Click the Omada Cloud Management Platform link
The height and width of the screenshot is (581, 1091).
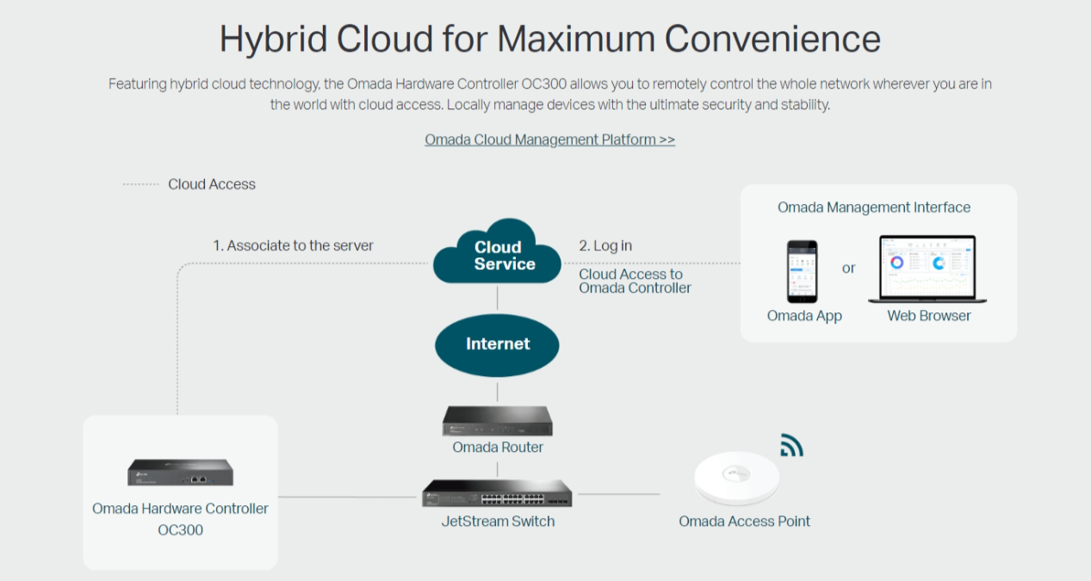pos(549,139)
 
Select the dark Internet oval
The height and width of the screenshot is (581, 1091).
pos(498,344)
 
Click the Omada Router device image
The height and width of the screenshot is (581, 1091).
pos(498,419)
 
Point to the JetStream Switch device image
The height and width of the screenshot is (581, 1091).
pos(497,494)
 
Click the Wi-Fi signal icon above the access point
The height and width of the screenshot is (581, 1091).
pos(791,445)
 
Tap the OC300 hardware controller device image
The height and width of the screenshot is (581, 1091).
pos(181,473)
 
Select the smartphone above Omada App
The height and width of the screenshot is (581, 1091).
pos(803,271)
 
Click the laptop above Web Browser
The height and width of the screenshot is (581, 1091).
pos(928,269)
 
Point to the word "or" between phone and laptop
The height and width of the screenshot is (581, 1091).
pos(849,269)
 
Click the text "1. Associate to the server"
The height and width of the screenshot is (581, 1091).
pos(294,246)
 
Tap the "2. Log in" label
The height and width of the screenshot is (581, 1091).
pos(605,246)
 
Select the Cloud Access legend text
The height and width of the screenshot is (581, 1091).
pos(212,184)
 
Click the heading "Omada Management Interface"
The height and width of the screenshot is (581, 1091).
pos(874,207)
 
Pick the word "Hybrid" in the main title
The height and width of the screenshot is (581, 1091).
pos(273,40)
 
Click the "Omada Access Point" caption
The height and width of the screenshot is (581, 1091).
pos(744,522)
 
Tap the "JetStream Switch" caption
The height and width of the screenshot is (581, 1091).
pos(498,522)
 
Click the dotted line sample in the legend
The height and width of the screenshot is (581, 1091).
pos(141,184)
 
